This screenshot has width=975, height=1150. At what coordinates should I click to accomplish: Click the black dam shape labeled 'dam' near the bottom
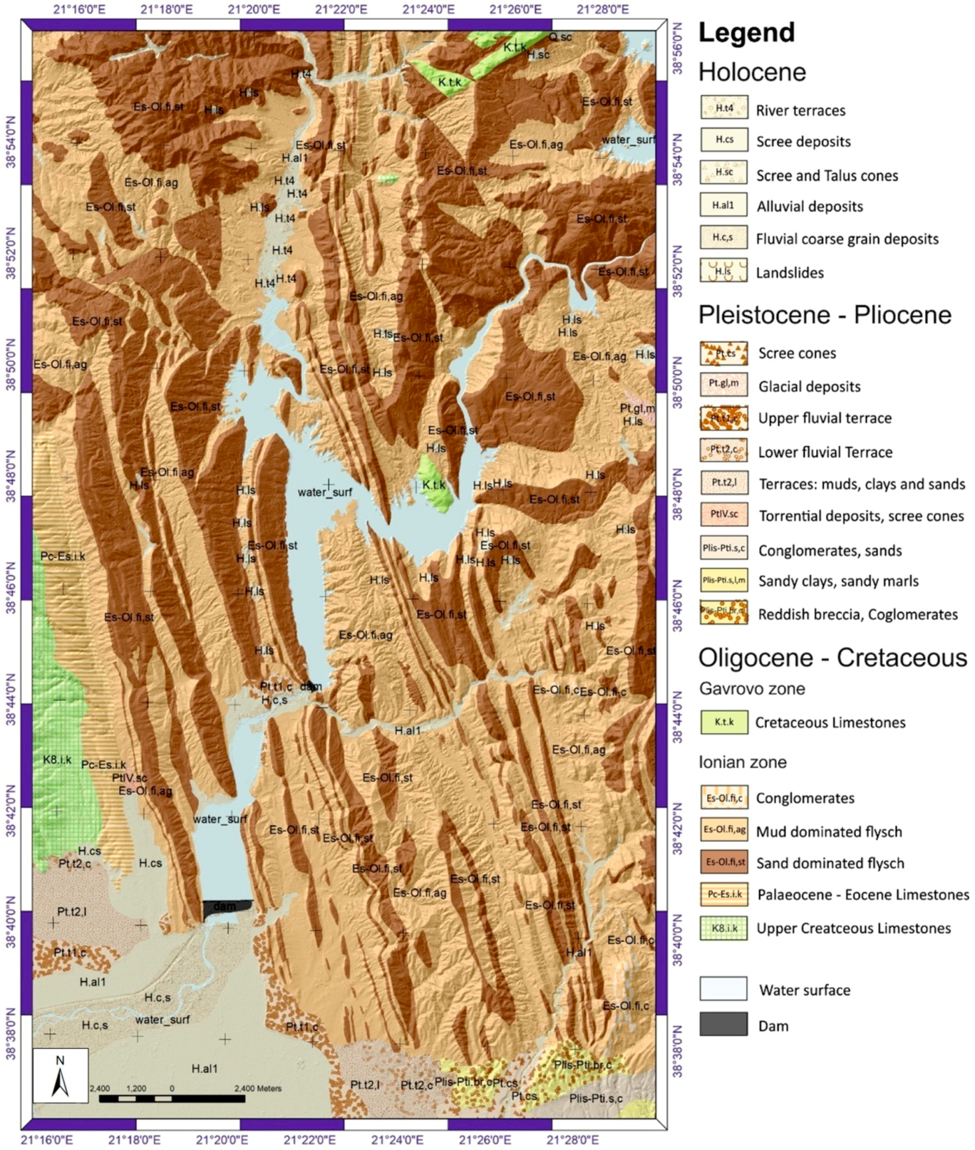(x=226, y=908)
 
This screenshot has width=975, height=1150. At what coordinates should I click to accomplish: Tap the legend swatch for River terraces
(x=723, y=107)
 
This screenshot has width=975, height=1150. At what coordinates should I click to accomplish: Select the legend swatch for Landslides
(x=723, y=271)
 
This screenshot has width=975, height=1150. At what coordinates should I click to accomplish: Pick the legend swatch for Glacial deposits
(x=723, y=384)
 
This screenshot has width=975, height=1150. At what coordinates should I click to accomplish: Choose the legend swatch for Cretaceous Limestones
(x=723, y=722)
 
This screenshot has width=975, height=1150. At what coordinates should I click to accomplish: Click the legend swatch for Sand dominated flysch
(x=723, y=862)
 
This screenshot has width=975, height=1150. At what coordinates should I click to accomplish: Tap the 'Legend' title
(x=746, y=33)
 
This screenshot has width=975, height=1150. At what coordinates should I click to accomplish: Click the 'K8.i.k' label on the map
(x=57, y=759)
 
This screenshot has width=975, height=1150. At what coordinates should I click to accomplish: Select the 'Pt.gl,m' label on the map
(x=637, y=408)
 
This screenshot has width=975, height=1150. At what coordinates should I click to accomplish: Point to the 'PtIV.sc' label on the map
(x=129, y=777)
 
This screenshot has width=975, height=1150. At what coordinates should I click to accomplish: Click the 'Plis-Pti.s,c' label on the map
(x=595, y=1098)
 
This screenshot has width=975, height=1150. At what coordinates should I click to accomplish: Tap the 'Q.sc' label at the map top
(x=560, y=37)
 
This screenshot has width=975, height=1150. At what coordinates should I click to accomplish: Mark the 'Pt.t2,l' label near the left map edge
(x=71, y=911)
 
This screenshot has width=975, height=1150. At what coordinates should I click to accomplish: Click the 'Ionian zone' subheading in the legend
(x=743, y=762)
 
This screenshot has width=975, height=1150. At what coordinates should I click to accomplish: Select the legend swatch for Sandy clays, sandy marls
(x=723, y=581)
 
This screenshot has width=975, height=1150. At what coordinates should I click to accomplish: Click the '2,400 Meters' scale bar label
(x=257, y=1088)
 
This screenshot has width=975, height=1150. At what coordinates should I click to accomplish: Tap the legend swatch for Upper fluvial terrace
(x=723, y=418)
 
